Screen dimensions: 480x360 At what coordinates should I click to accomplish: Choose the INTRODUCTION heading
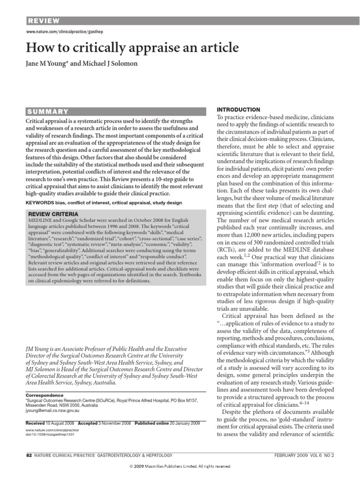click(x=238, y=109)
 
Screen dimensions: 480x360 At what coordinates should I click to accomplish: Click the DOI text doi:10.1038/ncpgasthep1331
click(x=50, y=434)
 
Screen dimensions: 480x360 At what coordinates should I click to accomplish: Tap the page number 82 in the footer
click(x=28, y=455)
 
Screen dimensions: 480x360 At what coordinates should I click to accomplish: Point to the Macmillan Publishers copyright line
click(x=180, y=467)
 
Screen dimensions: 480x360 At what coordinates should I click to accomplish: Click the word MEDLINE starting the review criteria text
click(x=39, y=220)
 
